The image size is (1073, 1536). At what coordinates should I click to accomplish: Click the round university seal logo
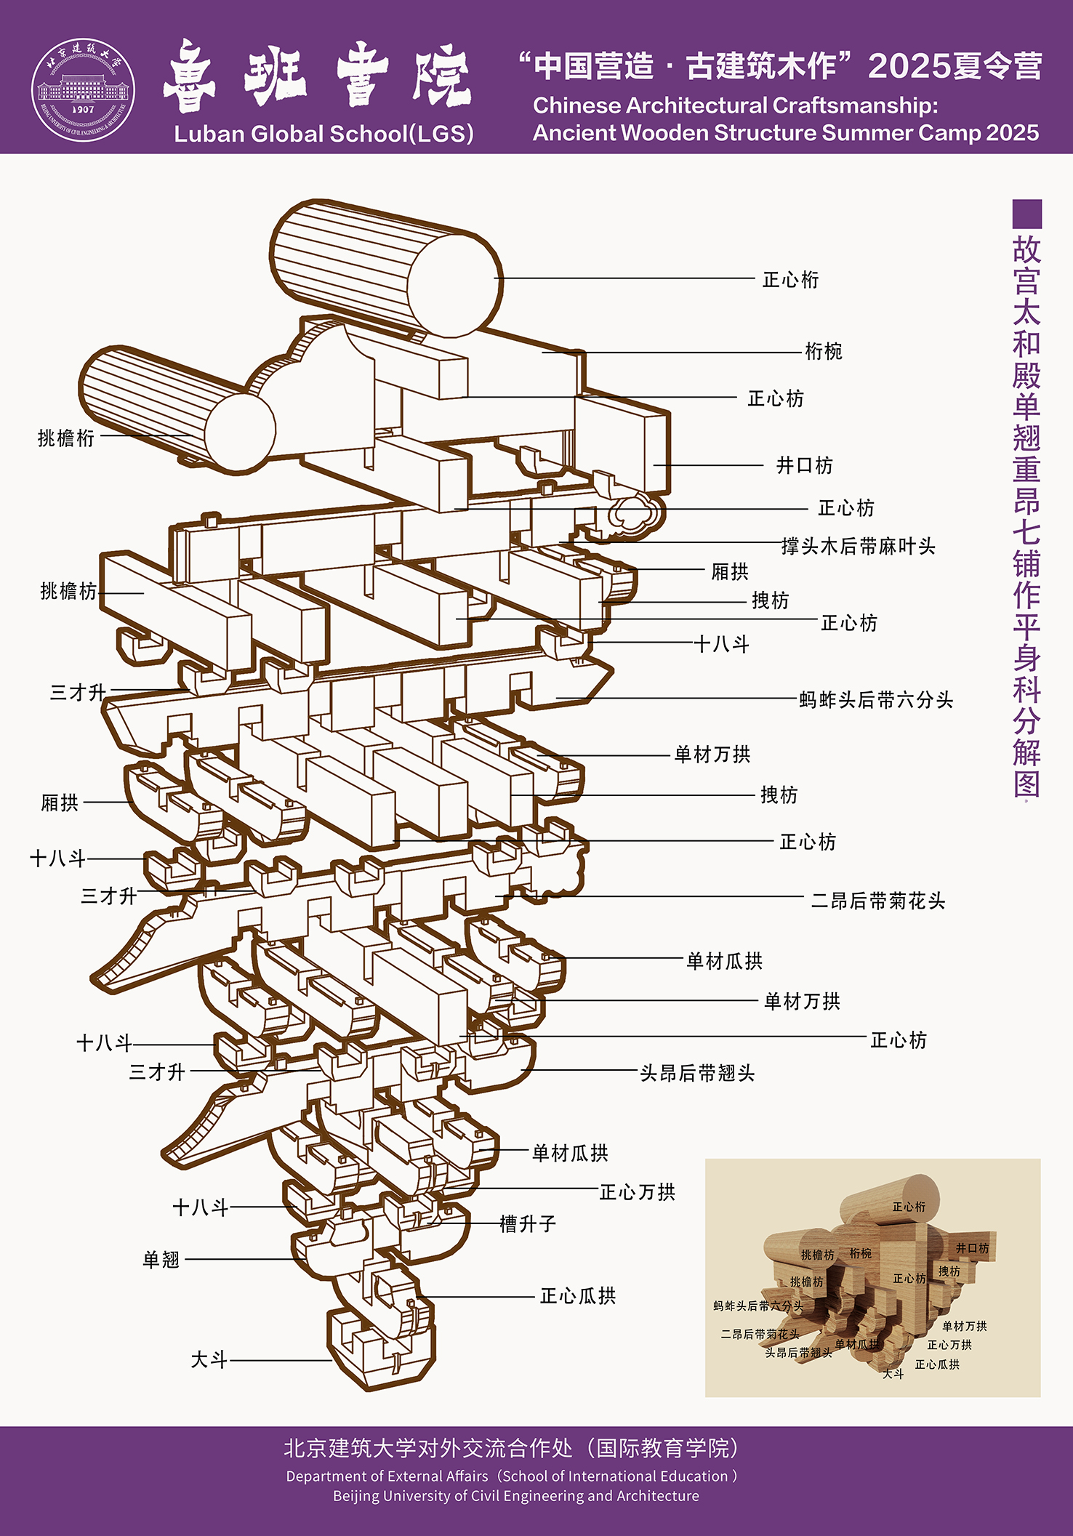point(83,90)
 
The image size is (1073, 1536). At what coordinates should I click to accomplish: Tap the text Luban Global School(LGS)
point(323,134)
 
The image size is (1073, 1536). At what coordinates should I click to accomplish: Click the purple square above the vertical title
point(1026,214)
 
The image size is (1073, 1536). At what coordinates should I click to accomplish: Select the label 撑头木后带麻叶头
point(858,547)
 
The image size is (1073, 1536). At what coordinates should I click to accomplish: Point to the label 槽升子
point(528,1224)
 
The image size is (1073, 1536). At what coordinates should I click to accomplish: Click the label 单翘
point(161,1260)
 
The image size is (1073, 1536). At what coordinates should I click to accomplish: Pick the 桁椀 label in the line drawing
point(823,352)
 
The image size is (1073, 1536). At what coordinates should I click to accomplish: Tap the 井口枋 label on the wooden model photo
point(972,1248)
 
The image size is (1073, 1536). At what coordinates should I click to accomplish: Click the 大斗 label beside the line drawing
point(209,1360)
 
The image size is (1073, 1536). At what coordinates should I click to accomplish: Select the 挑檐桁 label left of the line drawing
point(65,438)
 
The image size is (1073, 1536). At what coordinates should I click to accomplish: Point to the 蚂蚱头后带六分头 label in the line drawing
point(876,700)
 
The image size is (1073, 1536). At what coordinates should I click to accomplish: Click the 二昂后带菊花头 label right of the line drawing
point(878,901)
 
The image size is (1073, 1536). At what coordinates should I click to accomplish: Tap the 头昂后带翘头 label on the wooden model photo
point(798,1353)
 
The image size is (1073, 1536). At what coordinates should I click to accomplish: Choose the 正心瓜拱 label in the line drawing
point(578,1296)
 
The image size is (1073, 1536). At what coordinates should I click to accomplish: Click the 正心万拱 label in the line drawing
point(638,1192)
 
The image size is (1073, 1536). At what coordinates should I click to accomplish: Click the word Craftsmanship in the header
point(855,105)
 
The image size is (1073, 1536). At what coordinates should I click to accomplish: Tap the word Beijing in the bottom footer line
point(355,1496)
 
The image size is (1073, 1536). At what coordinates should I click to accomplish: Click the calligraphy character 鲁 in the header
point(190,76)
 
